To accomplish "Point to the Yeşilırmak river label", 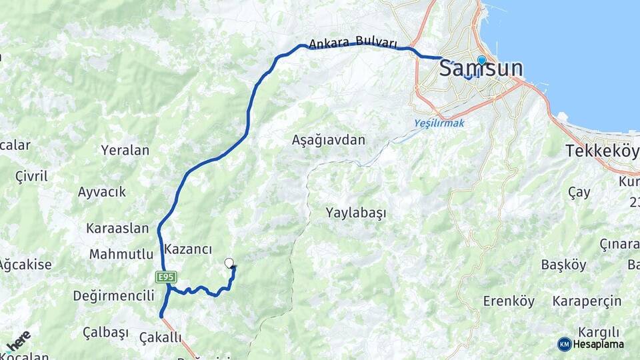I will [x=439, y=123].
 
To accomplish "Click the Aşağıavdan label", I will [x=329, y=140].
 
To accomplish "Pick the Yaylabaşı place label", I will [x=356, y=213].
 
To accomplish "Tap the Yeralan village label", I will [x=125, y=150].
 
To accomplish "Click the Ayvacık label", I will [x=101, y=192].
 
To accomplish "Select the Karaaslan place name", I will [x=117, y=228].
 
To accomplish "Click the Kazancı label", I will [x=188, y=249].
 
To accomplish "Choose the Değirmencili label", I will [x=114, y=295].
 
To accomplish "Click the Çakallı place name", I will [x=161, y=337].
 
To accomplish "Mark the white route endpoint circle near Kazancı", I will [x=229, y=263].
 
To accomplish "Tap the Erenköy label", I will [x=509, y=301].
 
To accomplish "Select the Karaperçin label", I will [x=587, y=301].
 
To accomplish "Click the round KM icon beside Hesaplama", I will [x=565, y=344].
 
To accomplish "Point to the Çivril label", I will [x=31, y=177].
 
